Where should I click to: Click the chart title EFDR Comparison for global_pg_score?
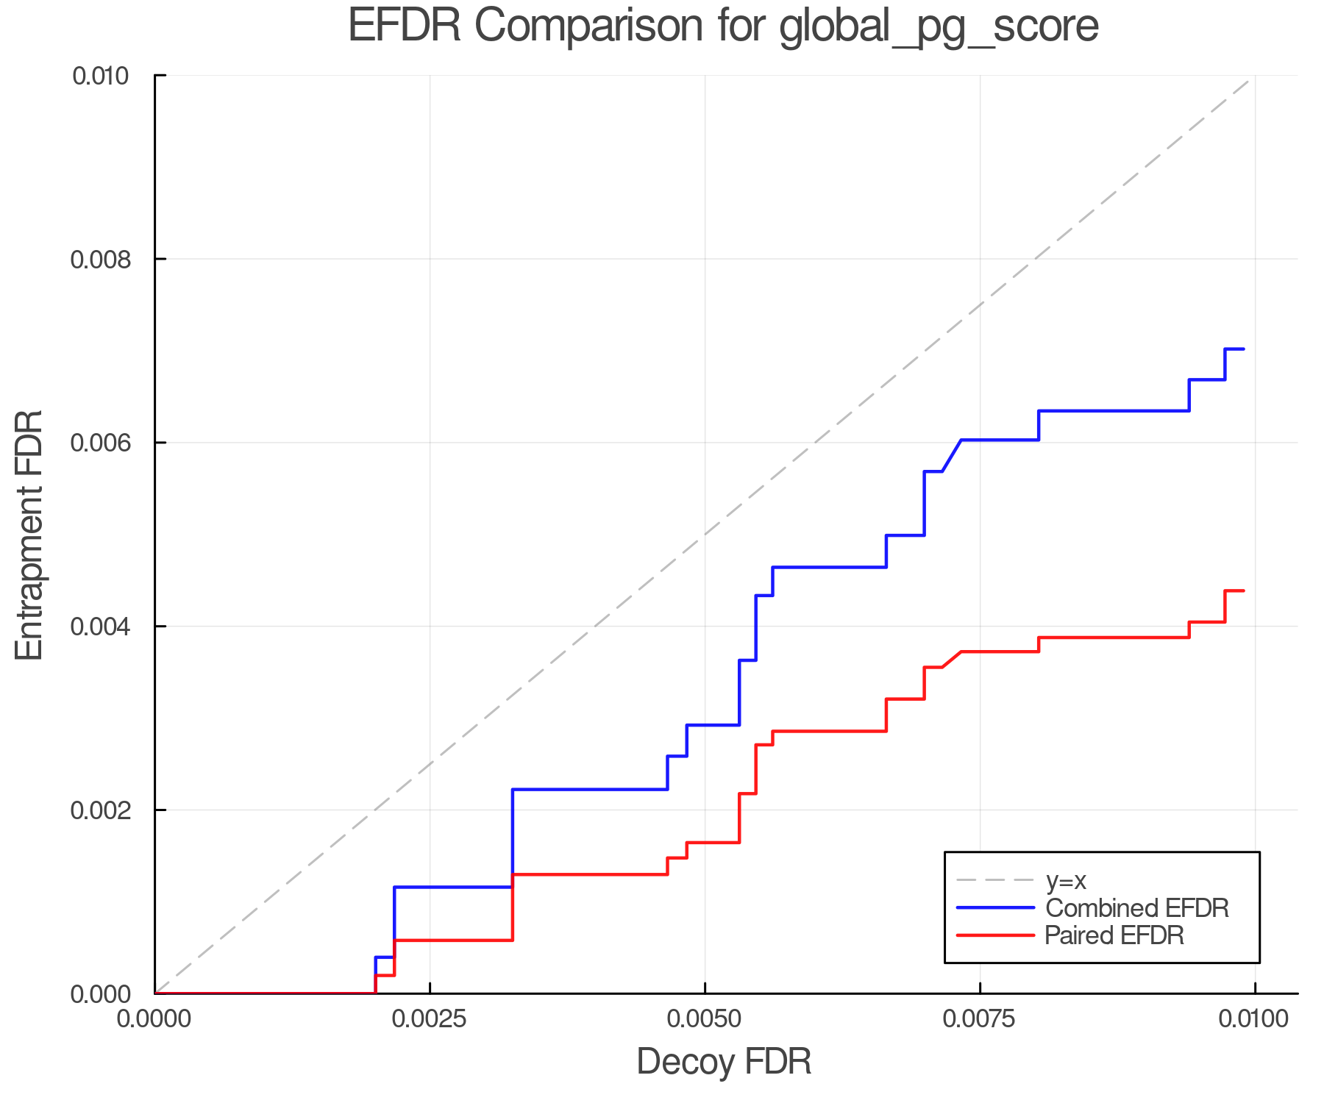point(723,26)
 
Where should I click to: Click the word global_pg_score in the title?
point(939,27)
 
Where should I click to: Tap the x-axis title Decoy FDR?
point(724,1062)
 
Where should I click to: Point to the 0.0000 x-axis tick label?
point(155,1019)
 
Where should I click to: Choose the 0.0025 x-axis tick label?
point(430,1019)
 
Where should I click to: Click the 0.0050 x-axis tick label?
point(705,1019)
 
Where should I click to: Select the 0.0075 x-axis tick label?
point(980,1019)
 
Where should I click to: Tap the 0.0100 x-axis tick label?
point(1255,1019)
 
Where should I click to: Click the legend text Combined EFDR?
point(1137,908)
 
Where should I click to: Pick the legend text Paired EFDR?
point(1114,935)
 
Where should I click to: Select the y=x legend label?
point(1066,880)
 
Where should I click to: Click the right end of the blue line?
point(1243,349)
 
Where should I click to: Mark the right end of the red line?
point(1243,590)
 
